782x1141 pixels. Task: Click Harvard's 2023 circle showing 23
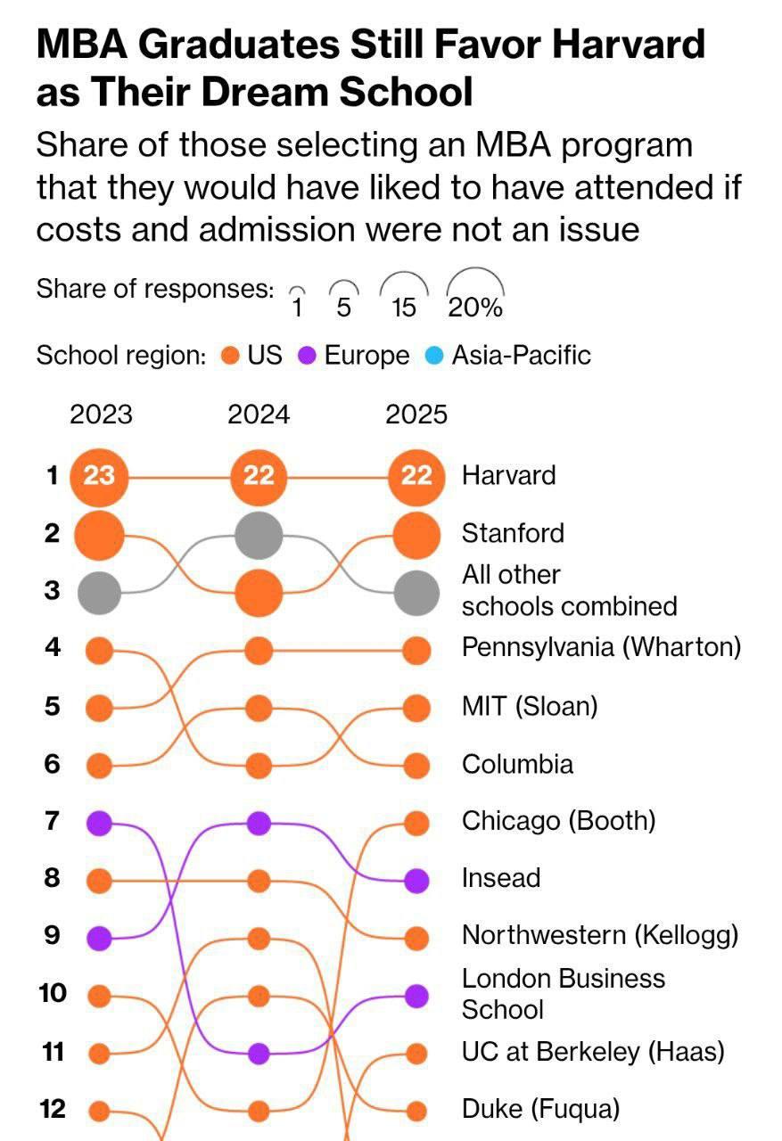click(99, 475)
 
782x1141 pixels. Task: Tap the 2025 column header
click(416, 415)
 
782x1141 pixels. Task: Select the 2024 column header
click(259, 415)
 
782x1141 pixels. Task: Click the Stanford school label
click(513, 533)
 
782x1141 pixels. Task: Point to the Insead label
click(501, 878)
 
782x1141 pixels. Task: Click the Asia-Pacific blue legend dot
click(434, 357)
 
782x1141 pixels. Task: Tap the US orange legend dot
click(230, 357)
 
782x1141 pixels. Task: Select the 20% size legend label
click(475, 308)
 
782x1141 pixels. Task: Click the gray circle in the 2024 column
click(259, 536)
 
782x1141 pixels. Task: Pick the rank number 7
click(53, 820)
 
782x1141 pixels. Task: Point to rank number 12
click(53, 1109)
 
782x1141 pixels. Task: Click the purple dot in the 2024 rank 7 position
click(259, 823)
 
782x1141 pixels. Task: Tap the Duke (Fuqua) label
click(540, 1109)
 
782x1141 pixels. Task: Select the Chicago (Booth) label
click(558, 820)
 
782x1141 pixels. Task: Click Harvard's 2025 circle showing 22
click(416, 475)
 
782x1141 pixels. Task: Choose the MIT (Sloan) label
click(530, 706)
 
